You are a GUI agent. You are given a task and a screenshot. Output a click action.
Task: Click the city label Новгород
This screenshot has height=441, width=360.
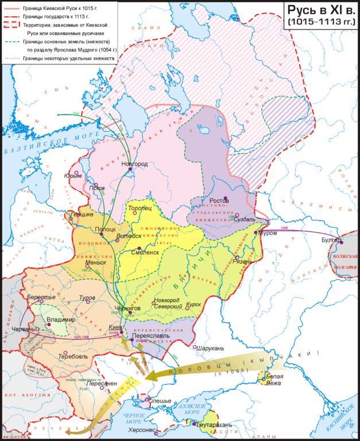tap(135, 164)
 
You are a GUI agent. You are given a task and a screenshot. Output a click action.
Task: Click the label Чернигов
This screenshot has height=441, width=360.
tap(127, 308)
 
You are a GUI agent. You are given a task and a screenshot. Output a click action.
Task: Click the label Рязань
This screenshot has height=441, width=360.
tap(243, 261)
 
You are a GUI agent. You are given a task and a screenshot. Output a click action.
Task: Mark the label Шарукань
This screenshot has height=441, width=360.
tap(209, 347)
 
